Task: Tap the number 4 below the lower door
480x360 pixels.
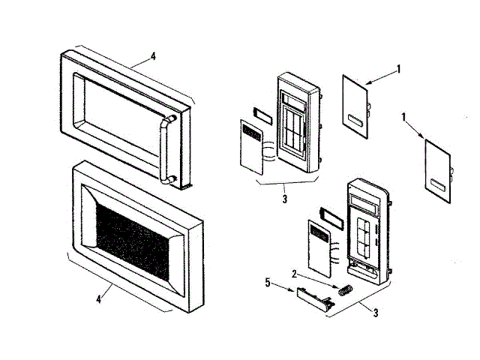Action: click(99, 299)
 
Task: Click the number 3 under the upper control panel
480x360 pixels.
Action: click(285, 199)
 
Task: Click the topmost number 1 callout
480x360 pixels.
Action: click(399, 69)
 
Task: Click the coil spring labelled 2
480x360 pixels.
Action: click(345, 289)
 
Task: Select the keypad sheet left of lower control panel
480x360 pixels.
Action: click(318, 249)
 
